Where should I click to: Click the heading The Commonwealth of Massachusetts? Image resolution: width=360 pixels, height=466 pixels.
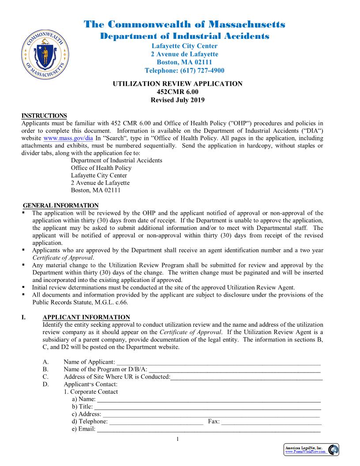[x=184, y=24]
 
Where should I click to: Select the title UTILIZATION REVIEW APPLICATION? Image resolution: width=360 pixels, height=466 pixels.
[x=177, y=84]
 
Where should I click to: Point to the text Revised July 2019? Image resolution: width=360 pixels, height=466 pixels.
[x=177, y=100]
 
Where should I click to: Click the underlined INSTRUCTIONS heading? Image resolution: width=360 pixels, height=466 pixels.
[x=44, y=116]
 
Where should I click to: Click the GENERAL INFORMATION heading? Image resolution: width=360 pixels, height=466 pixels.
[x=60, y=206]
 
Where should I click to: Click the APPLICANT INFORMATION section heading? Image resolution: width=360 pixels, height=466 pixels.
[x=86, y=317]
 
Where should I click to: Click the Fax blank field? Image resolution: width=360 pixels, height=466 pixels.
[x=270, y=421]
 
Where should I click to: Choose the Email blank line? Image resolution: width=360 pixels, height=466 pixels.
[x=208, y=429]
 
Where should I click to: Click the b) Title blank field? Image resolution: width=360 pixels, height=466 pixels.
[x=207, y=406]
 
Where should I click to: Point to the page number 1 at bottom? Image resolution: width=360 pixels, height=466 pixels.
[x=177, y=439]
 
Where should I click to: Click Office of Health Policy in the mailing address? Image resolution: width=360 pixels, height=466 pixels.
[x=101, y=168]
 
